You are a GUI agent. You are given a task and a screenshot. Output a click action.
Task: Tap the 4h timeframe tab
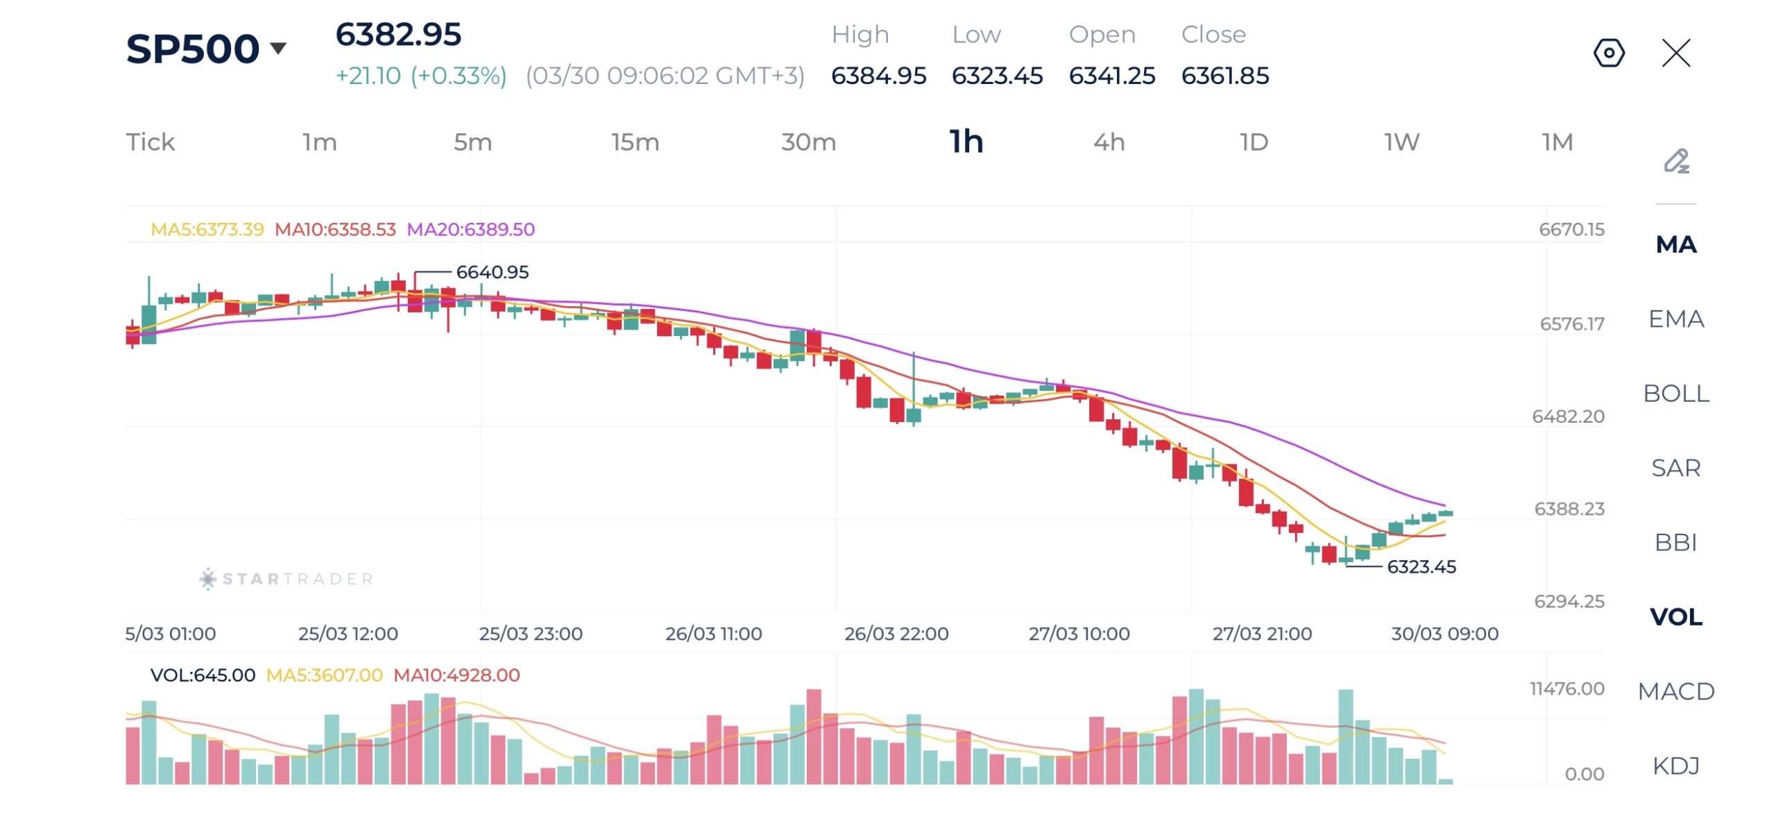(x=1109, y=142)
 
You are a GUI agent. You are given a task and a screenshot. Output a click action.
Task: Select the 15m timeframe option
(x=635, y=142)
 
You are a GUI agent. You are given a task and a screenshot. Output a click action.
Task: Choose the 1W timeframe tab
(x=1401, y=142)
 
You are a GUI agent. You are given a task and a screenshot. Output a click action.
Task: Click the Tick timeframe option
(x=150, y=142)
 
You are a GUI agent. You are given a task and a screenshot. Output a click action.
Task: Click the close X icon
(x=1676, y=53)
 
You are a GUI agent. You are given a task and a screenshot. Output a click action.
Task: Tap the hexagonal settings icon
(x=1609, y=53)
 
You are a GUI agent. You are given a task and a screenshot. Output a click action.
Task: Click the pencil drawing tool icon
(x=1676, y=161)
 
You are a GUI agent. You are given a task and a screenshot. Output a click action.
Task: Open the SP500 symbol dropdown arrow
(x=278, y=48)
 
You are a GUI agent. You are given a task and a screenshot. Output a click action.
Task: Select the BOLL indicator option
(x=1676, y=394)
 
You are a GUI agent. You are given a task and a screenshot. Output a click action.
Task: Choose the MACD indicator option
(x=1676, y=691)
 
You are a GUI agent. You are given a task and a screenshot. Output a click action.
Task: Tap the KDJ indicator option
(x=1676, y=766)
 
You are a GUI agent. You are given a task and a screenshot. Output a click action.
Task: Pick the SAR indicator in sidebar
(x=1676, y=468)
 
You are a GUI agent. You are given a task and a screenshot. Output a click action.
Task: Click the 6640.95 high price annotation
(x=492, y=272)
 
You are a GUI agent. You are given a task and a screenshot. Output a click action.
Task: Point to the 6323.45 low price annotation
(x=1421, y=567)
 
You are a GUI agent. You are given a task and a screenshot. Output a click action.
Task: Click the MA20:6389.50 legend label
(x=470, y=230)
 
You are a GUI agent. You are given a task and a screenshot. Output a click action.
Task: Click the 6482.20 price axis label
(x=1568, y=416)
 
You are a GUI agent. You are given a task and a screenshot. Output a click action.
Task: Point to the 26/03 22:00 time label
(x=896, y=634)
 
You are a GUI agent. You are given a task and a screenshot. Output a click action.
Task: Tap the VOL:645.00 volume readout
(x=203, y=675)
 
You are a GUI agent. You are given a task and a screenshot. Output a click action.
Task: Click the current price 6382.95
(x=398, y=35)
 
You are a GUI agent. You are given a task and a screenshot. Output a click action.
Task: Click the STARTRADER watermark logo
(x=287, y=579)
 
